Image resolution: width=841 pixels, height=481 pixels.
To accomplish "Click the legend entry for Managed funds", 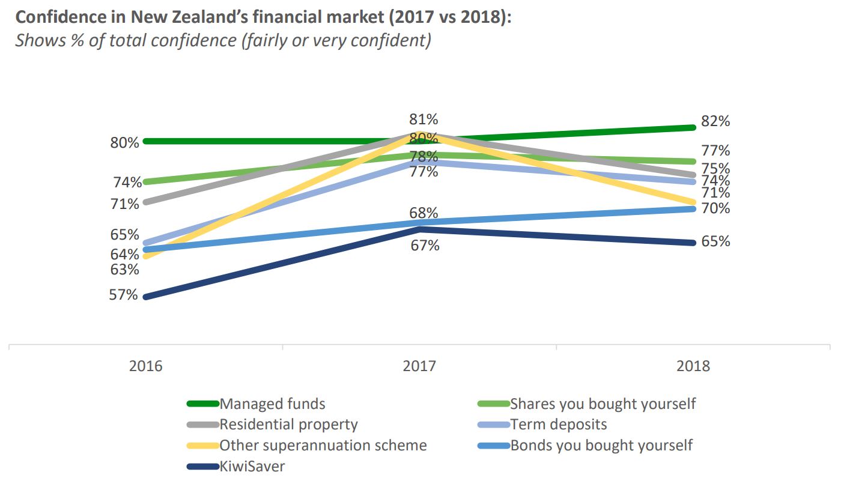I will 272,404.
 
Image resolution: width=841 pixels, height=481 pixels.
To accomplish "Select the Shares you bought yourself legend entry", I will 603,404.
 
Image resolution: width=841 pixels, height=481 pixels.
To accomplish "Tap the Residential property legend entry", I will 288,425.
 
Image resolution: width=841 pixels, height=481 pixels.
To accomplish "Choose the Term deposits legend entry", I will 558,425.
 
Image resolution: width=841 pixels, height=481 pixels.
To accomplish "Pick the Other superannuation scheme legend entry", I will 323,446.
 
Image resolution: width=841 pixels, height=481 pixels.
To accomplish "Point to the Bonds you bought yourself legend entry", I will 601,446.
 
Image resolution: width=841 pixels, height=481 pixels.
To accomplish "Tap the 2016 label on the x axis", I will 145,366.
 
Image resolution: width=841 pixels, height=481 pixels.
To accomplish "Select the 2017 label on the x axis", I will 419,366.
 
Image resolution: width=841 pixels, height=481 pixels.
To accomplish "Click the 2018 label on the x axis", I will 693,366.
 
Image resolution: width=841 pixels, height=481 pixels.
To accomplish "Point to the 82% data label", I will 715,121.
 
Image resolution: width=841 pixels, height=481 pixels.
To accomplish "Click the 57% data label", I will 124,295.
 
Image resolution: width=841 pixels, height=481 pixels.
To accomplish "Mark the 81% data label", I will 424,119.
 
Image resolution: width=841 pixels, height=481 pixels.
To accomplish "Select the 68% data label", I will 424,213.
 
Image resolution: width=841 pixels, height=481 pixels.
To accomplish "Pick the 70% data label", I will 715,209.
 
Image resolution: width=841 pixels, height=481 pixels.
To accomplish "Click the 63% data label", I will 125,270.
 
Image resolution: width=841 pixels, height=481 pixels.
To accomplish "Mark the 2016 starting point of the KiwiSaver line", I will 146,297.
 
